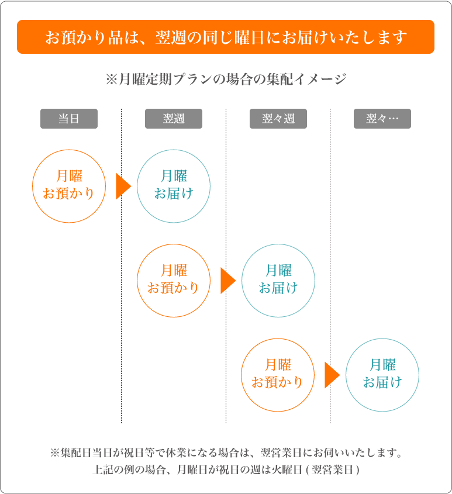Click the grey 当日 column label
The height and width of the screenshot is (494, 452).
point(69,119)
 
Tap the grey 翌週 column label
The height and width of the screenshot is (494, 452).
point(173,119)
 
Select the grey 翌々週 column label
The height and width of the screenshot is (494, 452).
point(278,119)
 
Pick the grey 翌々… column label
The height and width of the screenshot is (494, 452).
point(382,119)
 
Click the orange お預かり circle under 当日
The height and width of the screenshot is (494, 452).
point(33,186)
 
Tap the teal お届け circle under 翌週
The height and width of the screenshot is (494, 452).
point(137,186)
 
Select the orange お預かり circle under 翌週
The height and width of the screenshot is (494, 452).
point(137,281)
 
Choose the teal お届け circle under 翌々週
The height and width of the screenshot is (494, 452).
point(242,281)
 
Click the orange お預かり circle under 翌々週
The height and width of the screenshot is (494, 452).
point(241,375)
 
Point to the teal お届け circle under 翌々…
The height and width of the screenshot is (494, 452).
point(346,375)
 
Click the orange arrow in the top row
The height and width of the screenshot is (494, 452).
point(123,186)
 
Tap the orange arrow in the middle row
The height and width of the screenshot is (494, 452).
point(227,281)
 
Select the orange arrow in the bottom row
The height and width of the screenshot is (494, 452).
point(332,375)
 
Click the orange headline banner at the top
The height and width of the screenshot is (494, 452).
point(226,37)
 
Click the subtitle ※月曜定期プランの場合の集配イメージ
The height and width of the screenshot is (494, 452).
point(226,79)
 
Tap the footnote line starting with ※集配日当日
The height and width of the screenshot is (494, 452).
point(226,452)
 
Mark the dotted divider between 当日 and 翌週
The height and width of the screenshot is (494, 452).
point(122,266)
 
